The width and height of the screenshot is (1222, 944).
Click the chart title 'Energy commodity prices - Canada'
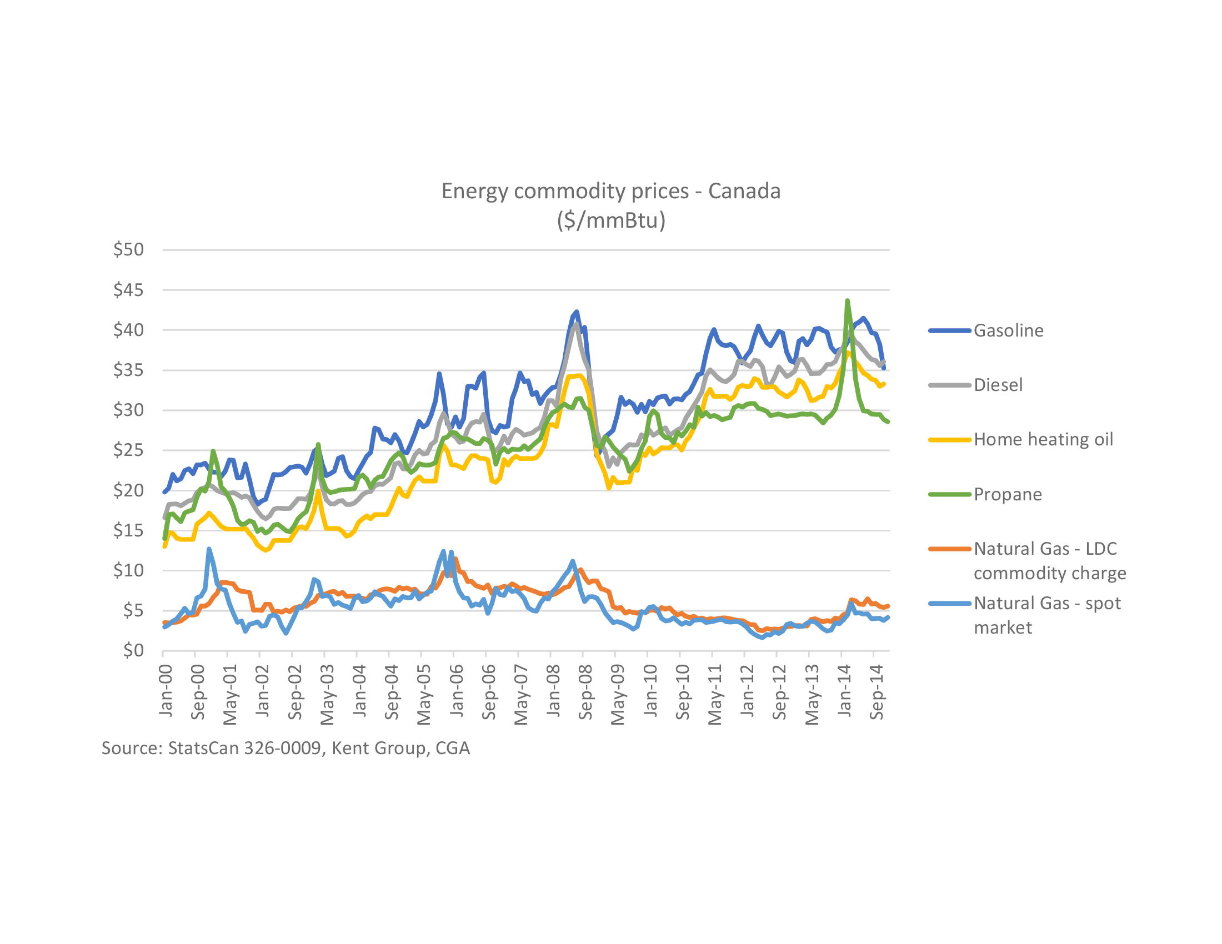click(x=610, y=191)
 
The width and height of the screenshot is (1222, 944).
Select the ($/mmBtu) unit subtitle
click(x=610, y=220)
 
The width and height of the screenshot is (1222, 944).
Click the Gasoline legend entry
click(x=1008, y=330)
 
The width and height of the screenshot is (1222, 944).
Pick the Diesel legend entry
click(x=998, y=385)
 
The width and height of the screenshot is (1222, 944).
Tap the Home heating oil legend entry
click(x=1043, y=440)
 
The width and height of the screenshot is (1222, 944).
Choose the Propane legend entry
click(x=1007, y=494)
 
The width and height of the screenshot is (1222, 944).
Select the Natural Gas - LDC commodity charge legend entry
click(x=1049, y=561)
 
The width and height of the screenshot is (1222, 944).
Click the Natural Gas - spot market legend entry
click(x=1047, y=615)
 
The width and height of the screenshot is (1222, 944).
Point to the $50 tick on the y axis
click(x=128, y=249)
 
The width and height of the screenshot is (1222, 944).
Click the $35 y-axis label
click(x=128, y=370)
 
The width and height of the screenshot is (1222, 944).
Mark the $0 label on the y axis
click(x=133, y=650)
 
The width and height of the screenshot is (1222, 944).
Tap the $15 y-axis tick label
click(x=128, y=530)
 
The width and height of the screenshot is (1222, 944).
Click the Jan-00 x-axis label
click(x=166, y=690)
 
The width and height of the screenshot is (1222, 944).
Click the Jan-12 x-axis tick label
click(x=747, y=690)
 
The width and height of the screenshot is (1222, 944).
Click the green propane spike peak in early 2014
click(x=847, y=301)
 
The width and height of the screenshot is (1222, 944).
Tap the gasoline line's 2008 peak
click(x=577, y=312)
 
